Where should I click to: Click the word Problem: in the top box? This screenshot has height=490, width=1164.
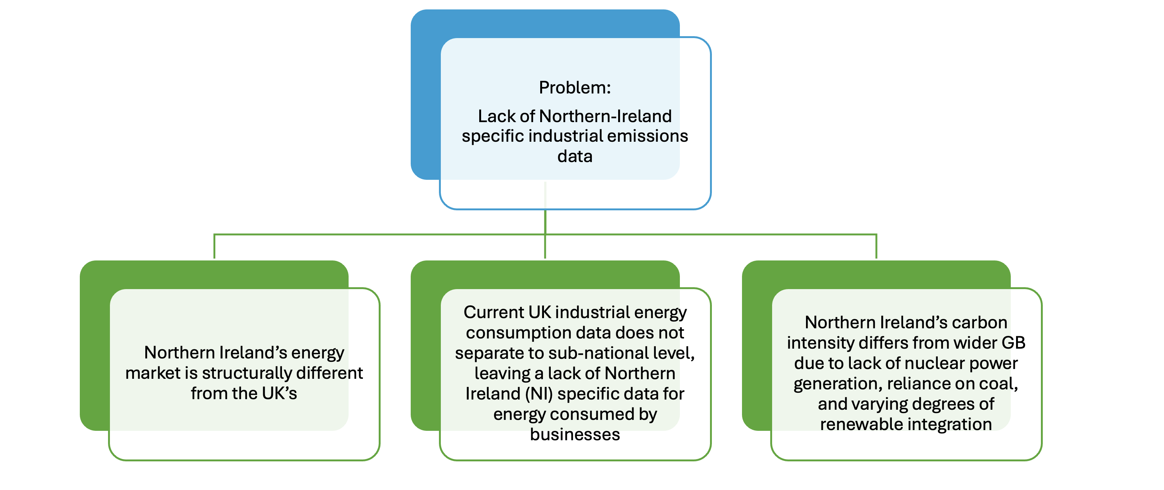click(x=574, y=88)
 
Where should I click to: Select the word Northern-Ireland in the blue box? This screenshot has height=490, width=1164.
click(x=605, y=116)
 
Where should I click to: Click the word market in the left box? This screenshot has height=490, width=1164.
click(x=153, y=373)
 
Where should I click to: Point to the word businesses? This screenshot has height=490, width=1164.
click(x=575, y=434)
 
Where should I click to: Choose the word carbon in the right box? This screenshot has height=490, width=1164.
click(x=979, y=323)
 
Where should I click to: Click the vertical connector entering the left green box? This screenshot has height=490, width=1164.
click(x=214, y=247)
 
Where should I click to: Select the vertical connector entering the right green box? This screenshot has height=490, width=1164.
click(x=876, y=247)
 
